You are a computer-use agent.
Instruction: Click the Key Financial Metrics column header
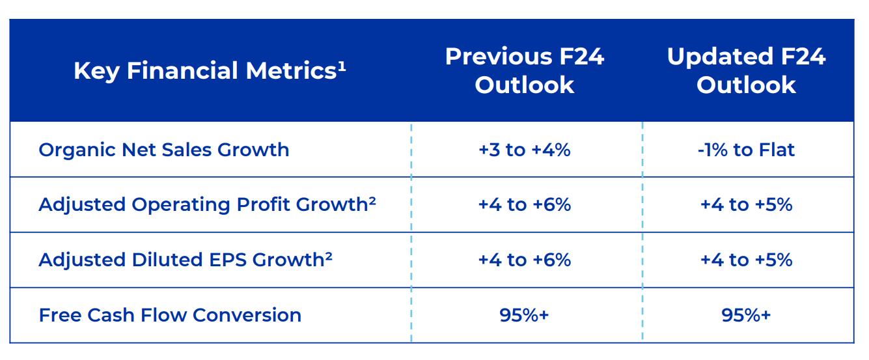tap(210, 70)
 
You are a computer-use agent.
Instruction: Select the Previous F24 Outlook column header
tap(525, 70)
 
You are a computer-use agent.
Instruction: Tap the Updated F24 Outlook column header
tap(746, 70)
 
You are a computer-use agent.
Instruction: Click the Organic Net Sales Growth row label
tap(163, 150)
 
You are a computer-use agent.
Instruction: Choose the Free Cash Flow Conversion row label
tap(170, 315)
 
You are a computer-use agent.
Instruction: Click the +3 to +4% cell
tap(525, 150)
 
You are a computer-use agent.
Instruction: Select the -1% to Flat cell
tap(746, 150)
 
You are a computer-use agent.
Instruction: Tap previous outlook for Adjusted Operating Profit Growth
tap(525, 204)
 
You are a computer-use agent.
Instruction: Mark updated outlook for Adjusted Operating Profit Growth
tap(746, 204)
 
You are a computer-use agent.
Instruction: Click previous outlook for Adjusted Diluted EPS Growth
tap(525, 260)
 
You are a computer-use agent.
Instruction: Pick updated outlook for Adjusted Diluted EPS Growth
tap(746, 260)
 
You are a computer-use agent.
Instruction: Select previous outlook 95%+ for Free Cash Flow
tap(525, 315)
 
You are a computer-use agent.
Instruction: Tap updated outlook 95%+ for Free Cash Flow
tap(746, 315)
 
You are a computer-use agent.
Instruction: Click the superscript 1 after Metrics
tap(342, 65)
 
